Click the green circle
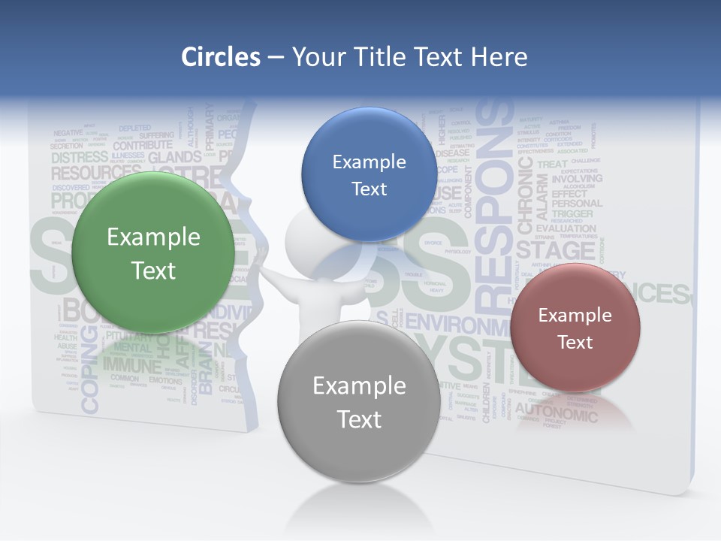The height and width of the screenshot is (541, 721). coord(154,253)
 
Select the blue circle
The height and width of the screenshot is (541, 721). coord(369,174)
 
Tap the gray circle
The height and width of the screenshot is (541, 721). coord(359,401)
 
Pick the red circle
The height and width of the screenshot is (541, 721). coord(575,328)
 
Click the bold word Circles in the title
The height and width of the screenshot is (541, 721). coord(221,57)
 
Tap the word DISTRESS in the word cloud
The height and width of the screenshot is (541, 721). coord(80,158)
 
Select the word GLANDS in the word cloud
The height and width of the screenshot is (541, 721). coord(175,158)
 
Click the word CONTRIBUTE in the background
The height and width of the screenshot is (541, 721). coord(143,145)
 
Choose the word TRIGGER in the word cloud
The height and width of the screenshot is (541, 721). coord(572,214)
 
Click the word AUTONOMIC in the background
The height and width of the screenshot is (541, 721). coord(556,410)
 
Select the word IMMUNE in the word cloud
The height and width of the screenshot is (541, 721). coord(132,366)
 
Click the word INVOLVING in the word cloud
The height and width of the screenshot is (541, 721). coord(577,180)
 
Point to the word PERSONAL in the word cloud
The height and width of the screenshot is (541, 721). coord(577,203)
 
